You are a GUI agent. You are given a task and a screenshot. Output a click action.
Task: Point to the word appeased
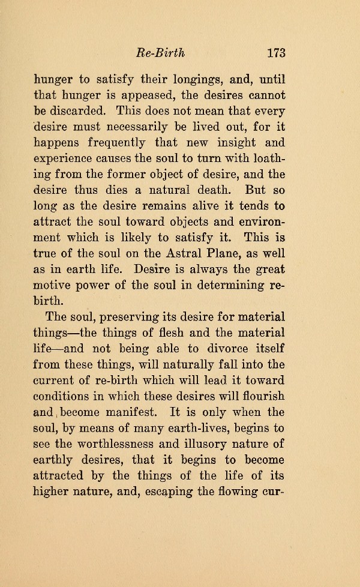[164, 95]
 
